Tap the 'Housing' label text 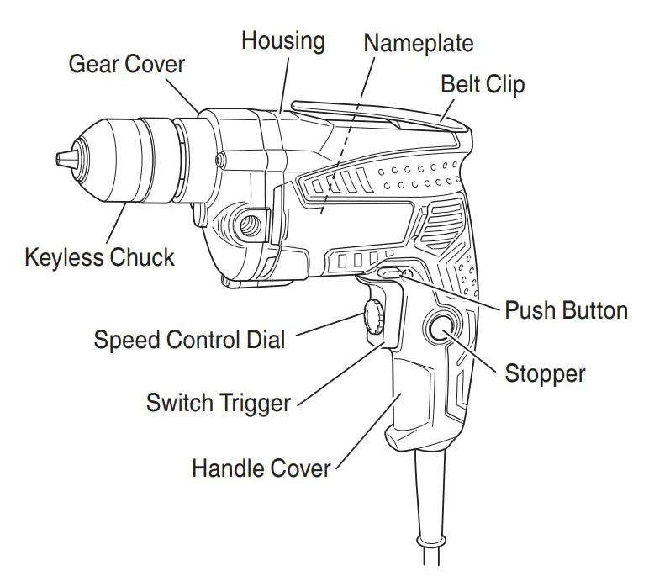coord(284,40)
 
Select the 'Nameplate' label coord(419,43)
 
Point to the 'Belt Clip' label coord(483,84)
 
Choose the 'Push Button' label coord(566,310)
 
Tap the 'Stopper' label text coord(545,373)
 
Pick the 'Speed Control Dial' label coord(189,340)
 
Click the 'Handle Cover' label coord(261,468)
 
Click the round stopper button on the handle coord(441,329)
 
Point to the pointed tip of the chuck coord(61,158)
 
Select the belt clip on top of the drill coord(378,114)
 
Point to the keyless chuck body coord(135,160)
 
